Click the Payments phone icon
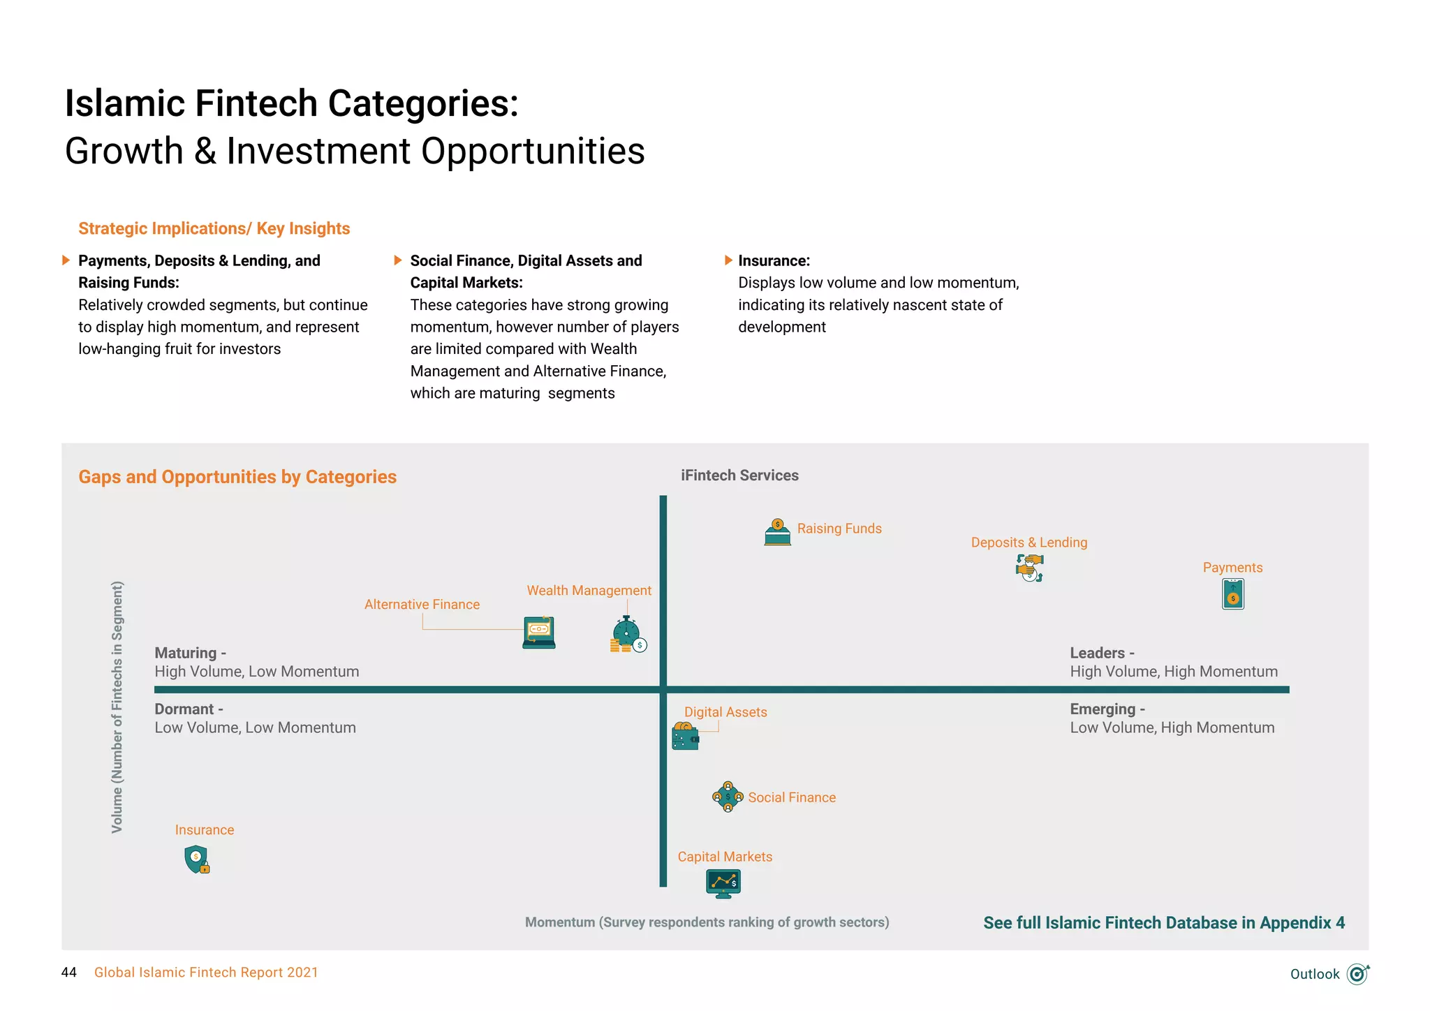1233,594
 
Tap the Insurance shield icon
197,859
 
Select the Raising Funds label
839,529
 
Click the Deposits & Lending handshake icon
1029,568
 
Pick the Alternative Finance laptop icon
539,633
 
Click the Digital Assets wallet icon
685,737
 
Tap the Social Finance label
792,797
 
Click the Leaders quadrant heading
1102,653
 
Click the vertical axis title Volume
117,707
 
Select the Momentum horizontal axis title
707,922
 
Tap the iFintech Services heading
739,475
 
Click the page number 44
69,973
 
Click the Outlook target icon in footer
1357,973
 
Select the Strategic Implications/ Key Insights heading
214,228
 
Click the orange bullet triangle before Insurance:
728,260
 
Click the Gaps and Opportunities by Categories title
237,477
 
